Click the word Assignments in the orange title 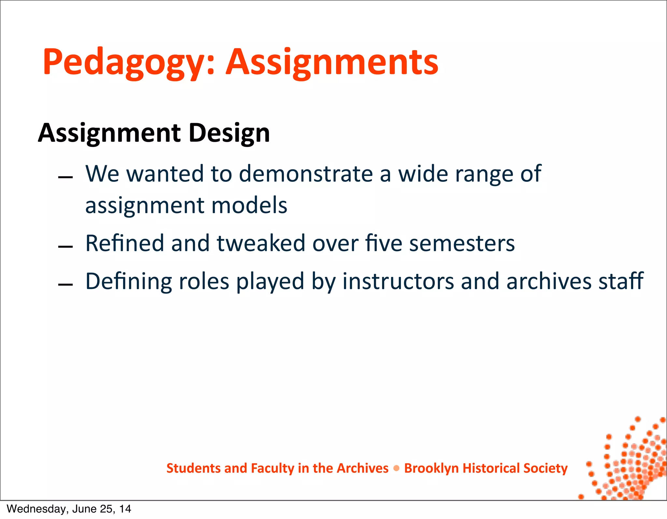click(x=332, y=63)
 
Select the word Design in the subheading click(x=229, y=133)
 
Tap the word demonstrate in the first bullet click(x=306, y=174)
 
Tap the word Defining click(x=128, y=281)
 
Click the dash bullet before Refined click(x=65, y=247)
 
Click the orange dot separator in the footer click(x=396, y=469)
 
